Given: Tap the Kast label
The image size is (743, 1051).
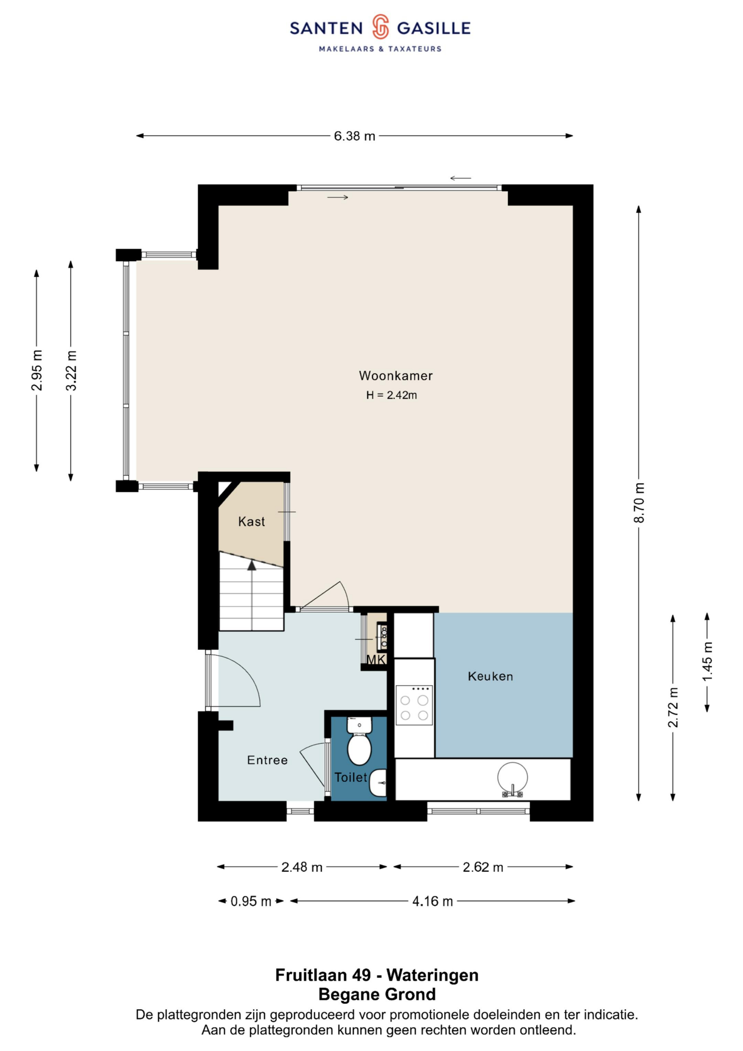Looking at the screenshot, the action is click(x=251, y=522).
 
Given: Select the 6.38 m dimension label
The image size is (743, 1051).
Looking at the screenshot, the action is click(x=354, y=136).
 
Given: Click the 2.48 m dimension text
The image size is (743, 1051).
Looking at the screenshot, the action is click(x=302, y=867).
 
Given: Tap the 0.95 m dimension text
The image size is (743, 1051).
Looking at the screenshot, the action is click(x=251, y=901).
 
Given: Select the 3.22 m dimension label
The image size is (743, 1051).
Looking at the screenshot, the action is click(x=71, y=370).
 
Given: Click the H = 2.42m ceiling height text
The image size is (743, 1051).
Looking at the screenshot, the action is click(x=391, y=395).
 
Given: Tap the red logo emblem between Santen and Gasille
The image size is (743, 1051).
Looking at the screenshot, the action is click(x=380, y=27).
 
